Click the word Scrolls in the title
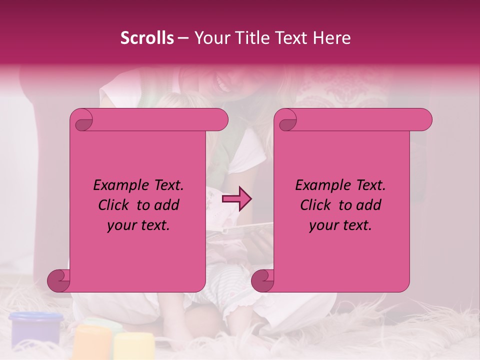pyautogui.click(x=147, y=38)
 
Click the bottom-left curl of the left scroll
pyautogui.click(x=59, y=280)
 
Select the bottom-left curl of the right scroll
pyautogui.click(x=263, y=280)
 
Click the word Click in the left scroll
pyautogui.click(x=114, y=205)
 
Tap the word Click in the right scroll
pyautogui.click(x=316, y=205)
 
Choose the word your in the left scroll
pyautogui.click(x=121, y=225)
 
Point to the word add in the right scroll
pyautogui.click(x=368, y=205)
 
